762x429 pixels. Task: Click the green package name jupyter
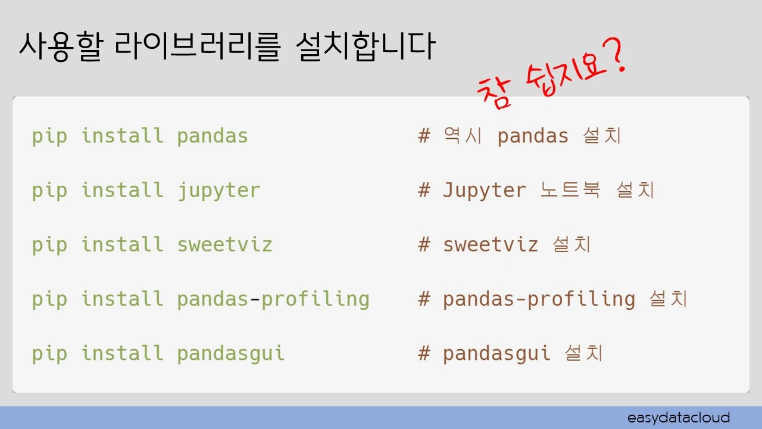[218, 191]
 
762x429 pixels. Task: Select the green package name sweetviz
[224, 244]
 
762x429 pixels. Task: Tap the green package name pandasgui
[230, 353]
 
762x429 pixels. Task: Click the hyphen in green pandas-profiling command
[255, 299]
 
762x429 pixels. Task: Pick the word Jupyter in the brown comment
[484, 191]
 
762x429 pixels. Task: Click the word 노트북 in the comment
[570, 191]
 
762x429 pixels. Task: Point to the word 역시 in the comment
[463, 136]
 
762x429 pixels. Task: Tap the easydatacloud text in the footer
[679, 417]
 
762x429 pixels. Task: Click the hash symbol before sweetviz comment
[424, 244]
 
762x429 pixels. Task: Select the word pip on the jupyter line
[49, 191]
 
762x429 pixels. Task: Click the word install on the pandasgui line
[122, 353]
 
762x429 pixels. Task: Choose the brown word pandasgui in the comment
[496, 353]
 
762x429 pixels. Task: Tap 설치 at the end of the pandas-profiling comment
[668, 299]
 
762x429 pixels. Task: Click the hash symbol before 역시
[424, 136]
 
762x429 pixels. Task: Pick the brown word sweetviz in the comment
[491, 244]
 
